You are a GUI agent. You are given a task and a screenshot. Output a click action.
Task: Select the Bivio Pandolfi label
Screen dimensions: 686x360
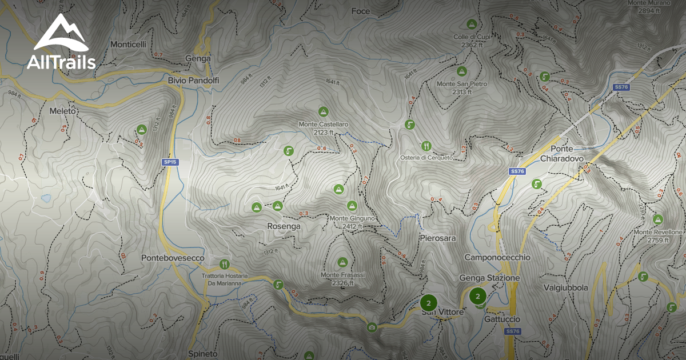(193, 81)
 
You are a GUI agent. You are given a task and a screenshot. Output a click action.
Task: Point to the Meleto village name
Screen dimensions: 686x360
(63, 111)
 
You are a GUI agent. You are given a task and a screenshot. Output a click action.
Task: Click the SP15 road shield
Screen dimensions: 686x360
(170, 162)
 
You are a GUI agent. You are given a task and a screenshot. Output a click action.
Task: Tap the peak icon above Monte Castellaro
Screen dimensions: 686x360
(323, 111)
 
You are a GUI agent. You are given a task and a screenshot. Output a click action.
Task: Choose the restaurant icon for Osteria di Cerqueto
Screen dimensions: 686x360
(426, 146)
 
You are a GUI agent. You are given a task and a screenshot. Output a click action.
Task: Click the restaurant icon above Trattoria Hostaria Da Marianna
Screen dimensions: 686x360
(224, 265)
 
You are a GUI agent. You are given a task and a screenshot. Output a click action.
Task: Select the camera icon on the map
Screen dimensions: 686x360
(372, 327)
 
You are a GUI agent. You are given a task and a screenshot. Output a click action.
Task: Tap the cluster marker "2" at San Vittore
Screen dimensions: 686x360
(428, 303)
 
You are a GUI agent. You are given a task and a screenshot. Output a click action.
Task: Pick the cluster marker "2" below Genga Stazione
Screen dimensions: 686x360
(478, 296)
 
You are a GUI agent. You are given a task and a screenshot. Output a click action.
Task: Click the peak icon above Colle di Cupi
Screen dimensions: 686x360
(472, 24)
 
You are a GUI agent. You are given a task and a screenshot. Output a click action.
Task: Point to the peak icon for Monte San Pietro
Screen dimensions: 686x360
(461, 71)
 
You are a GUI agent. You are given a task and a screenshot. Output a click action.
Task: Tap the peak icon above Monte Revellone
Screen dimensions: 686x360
(658, 219)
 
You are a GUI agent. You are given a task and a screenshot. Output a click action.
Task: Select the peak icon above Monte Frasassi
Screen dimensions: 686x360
(342, 262)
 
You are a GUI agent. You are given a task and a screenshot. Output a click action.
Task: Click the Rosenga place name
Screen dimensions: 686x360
(284, 226)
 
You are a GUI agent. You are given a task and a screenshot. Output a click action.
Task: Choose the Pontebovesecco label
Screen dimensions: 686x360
(173, 258)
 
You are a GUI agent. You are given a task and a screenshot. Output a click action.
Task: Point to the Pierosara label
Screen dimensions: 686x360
(437, 238)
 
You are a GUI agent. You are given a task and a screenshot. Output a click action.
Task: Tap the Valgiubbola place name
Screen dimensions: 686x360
(566, 288)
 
